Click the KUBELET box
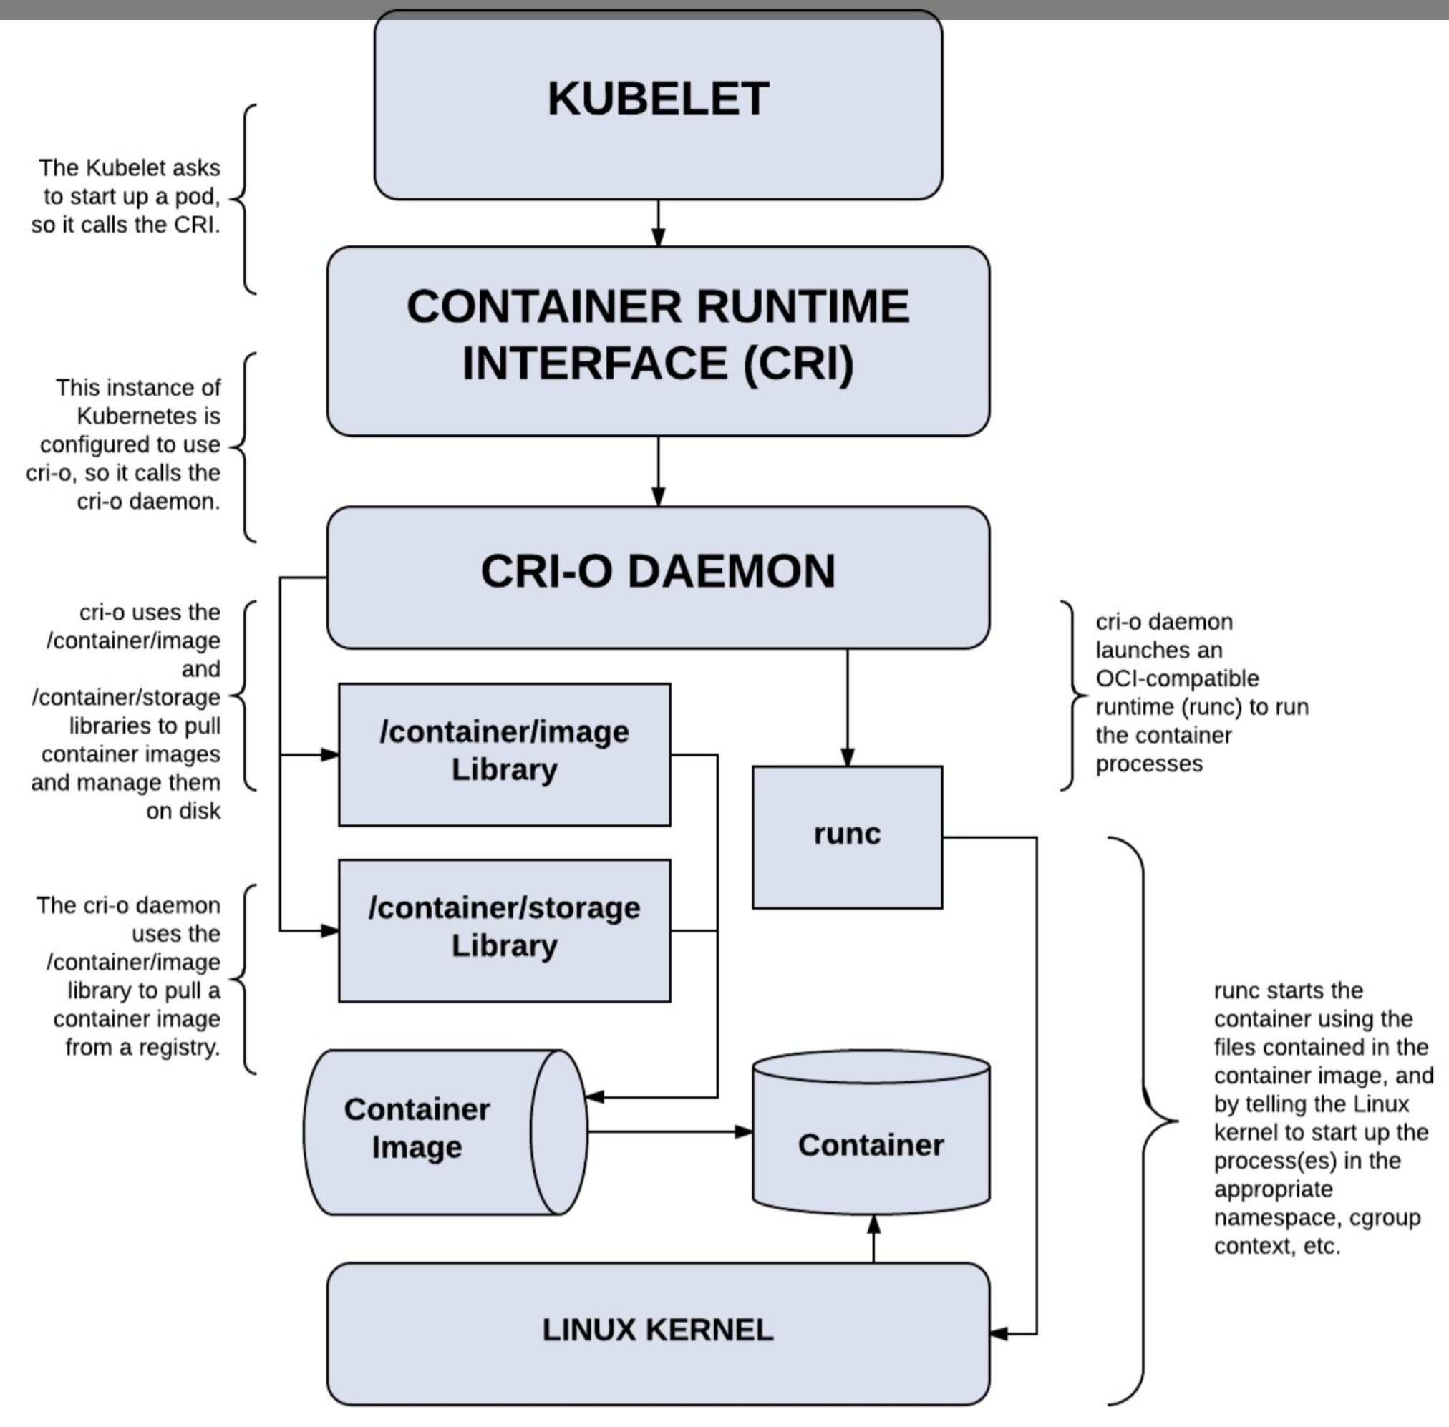tap(658, 105)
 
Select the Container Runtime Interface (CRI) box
tap(658, 341)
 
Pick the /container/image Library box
tap(505, 754)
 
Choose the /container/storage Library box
tap(505, 930)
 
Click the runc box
tap(847, 837)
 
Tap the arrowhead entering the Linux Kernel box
tap(1000, 1333)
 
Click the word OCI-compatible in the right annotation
tap(1177, 678)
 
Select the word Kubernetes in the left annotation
tap(148, 416)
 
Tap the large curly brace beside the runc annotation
tap(1144, 1121)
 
